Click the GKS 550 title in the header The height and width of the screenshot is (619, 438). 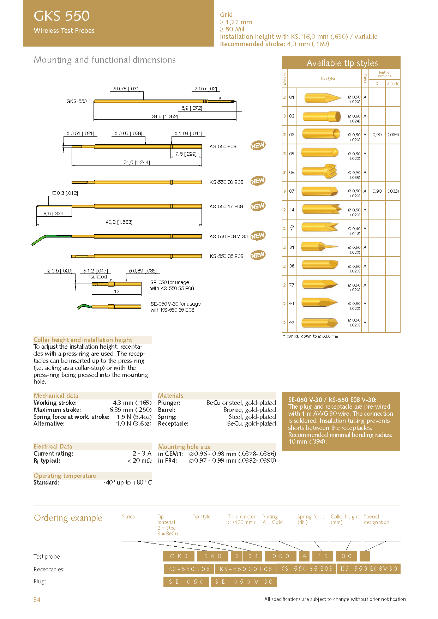(62, 16)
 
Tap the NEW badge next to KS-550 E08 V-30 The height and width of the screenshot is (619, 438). (258, 236)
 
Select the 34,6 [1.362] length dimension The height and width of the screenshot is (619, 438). (165, 116)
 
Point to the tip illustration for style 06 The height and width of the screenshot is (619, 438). (320, 172)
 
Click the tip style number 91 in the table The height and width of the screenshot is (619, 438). (292, 304)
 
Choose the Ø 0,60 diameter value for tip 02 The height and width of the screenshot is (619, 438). (354, 116)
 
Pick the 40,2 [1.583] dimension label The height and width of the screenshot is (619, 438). (119, 222)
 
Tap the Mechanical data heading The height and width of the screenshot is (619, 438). (56, 396)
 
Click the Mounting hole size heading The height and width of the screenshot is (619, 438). (184, 447)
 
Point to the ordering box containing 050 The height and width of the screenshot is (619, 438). (281, 557)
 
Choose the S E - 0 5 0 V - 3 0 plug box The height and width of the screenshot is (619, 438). (244, 582)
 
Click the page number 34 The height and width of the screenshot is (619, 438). (37, 599)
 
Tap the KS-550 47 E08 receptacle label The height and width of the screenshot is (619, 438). (226, 206)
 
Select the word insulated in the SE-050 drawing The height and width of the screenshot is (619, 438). (96, 277)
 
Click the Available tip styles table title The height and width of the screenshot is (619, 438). (342, 63)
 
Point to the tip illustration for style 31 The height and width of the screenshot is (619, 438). (320, 247)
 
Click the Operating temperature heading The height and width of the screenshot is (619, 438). (65, 476)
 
